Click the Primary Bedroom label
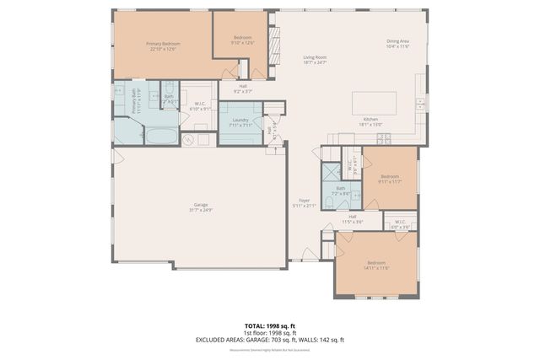pyautogui.click(x=163, y=44)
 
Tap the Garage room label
pyautogui.click(x=200, y=205)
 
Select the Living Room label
pyautogui.click(x=315, y=57)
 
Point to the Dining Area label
pyautogui.click(x=397, y=41)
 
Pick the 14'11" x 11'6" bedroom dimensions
pyautogui.click(x=375, y=268)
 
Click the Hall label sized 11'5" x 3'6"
pyautogui.click(x=352, y=221)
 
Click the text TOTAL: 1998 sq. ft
pyautogui.click(x=269, y=325)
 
